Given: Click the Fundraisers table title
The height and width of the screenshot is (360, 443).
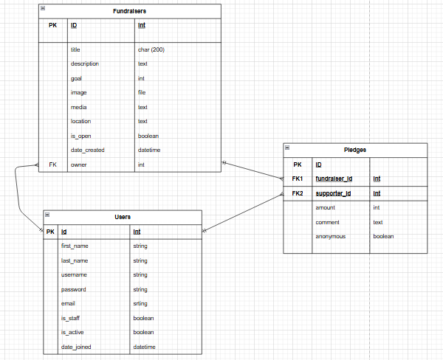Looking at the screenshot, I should [x=129, y=11].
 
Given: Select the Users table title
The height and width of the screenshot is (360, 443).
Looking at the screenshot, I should [x=123, y=217].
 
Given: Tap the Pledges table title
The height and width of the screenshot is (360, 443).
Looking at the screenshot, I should [x=355, y=150].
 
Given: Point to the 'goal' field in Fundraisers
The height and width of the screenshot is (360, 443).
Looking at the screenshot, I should [x=76, y=78].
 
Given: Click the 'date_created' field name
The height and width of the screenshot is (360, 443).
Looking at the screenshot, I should [x=87, y=150].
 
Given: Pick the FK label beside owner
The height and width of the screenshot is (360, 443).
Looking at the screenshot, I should [x=52, y=165].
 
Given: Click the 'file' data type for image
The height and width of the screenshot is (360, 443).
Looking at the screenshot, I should [x=142, y=93].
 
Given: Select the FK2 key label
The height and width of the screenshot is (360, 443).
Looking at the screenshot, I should [x=298, y=193].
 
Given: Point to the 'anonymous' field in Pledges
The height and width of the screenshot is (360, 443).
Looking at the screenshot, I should [x=330, y=236].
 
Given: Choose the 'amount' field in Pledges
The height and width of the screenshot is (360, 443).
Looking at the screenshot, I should [x=326, y=208].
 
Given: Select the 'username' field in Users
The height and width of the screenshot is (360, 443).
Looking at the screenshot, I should [x=74, y=274].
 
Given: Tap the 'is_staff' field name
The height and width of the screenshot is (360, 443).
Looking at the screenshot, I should [x=72, y=318].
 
